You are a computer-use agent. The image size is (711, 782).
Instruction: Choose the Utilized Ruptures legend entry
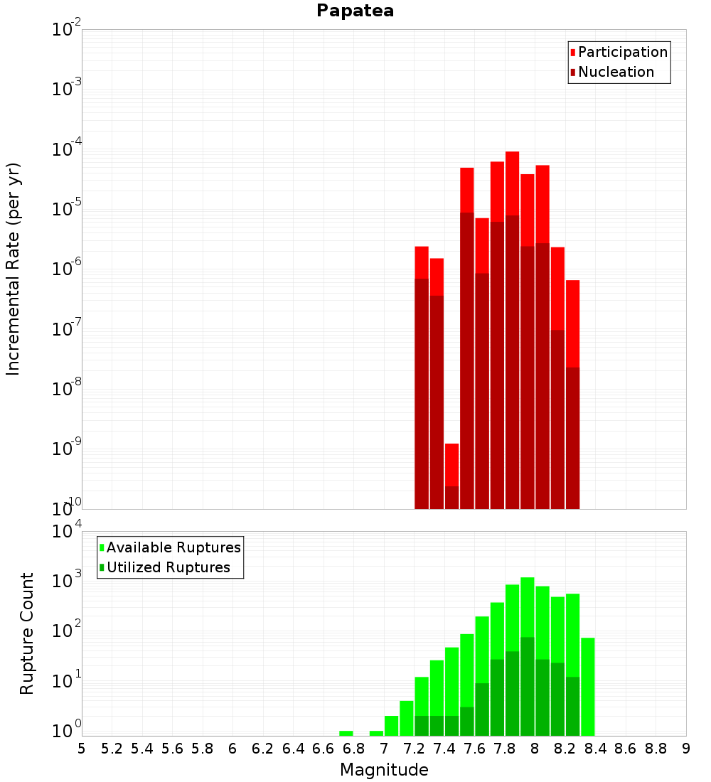tap(168, 567)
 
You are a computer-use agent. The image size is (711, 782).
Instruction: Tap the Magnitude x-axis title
tap(384, 770)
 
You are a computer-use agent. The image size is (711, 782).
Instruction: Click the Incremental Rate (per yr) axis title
tap(14, 269)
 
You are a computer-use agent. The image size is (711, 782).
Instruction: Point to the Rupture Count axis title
tap(27, 633)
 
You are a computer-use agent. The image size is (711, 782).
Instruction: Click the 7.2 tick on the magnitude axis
tap(415, 749)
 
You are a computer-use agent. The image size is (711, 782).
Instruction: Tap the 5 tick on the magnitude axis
tap(82, 749)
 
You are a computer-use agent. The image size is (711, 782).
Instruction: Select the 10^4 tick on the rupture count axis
tap(67, 532)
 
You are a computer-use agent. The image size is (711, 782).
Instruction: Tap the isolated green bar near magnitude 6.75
tap(346, 733)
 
